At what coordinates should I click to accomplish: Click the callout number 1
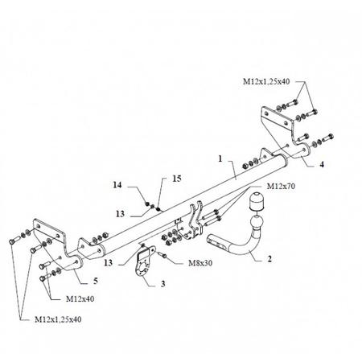click(x=220, y=158)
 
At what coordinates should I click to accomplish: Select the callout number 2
click(x=269, y=258)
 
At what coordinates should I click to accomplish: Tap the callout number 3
click(x=163, y=284)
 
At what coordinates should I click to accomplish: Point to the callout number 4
click(x=322, y=164)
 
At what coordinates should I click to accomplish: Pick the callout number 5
click(x=96, y=281)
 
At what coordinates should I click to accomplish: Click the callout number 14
click(x=117, y=185)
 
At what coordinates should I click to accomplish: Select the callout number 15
click(x=177, y=179)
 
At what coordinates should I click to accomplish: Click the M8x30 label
click(x=200, y=263)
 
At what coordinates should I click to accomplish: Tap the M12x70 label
click(x=281, y=186)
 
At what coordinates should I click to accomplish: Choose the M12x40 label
click(x=80, y=298)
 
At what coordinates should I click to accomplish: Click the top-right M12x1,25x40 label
click(x=266, y=81)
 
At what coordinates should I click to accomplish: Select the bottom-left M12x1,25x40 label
click(x=58, y=319)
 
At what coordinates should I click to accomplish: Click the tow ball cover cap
click(x=257, y=200)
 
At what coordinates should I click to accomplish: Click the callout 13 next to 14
click(x=120, y=214)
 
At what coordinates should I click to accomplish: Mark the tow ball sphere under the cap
click(x=257, y=223)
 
